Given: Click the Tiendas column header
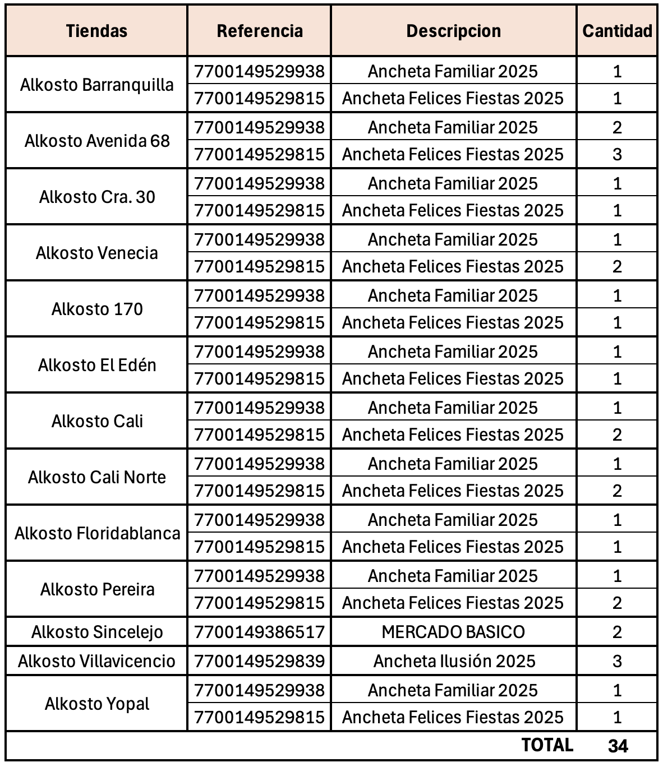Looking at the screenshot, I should point(96,31).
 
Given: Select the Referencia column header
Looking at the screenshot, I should point(259,31).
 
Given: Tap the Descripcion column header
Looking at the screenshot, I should point(453,31).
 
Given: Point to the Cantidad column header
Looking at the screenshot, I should point(617,31).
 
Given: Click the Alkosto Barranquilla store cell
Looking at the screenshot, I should point(96,85).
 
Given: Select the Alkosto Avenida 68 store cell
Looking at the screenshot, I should point(96,141).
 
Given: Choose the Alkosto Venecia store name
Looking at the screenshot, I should point(96,253).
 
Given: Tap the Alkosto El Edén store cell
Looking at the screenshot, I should point(96,365).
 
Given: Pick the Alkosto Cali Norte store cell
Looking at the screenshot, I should point(96,477).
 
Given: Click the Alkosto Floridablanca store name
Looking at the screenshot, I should point(96,533).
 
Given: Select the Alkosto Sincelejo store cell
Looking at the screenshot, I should point(96,632).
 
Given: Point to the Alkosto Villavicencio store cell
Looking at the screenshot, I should point(96,661).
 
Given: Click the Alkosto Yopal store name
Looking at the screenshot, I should point(96,704).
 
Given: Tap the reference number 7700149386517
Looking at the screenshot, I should point(259,632).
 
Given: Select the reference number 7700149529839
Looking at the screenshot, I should point(259,661).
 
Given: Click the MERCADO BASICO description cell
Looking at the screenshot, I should point(453,632).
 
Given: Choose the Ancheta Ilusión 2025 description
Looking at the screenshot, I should point(453,661).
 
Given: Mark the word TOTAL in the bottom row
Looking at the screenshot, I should point(547,745).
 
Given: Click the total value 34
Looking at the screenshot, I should point(618,746).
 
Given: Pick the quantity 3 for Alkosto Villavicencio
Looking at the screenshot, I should point(617,661).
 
